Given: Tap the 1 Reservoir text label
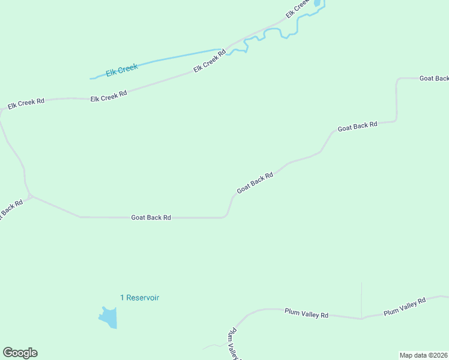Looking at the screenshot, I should coord(140,298).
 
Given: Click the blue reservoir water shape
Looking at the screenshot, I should coord(109,317).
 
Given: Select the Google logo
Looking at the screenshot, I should coord(20,353).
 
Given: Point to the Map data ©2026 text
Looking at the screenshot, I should coord(424,355).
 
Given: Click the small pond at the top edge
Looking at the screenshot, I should coord(317,3).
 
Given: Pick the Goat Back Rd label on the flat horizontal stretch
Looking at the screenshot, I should coord(151,217).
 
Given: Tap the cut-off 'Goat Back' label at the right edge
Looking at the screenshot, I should coord(434,79).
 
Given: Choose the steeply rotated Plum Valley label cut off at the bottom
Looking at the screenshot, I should coord(233,344).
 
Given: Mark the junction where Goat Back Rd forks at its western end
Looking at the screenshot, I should coord(31,196).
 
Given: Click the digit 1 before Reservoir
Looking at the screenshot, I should coord(122,298).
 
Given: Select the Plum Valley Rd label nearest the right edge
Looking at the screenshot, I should coord(404,305).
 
